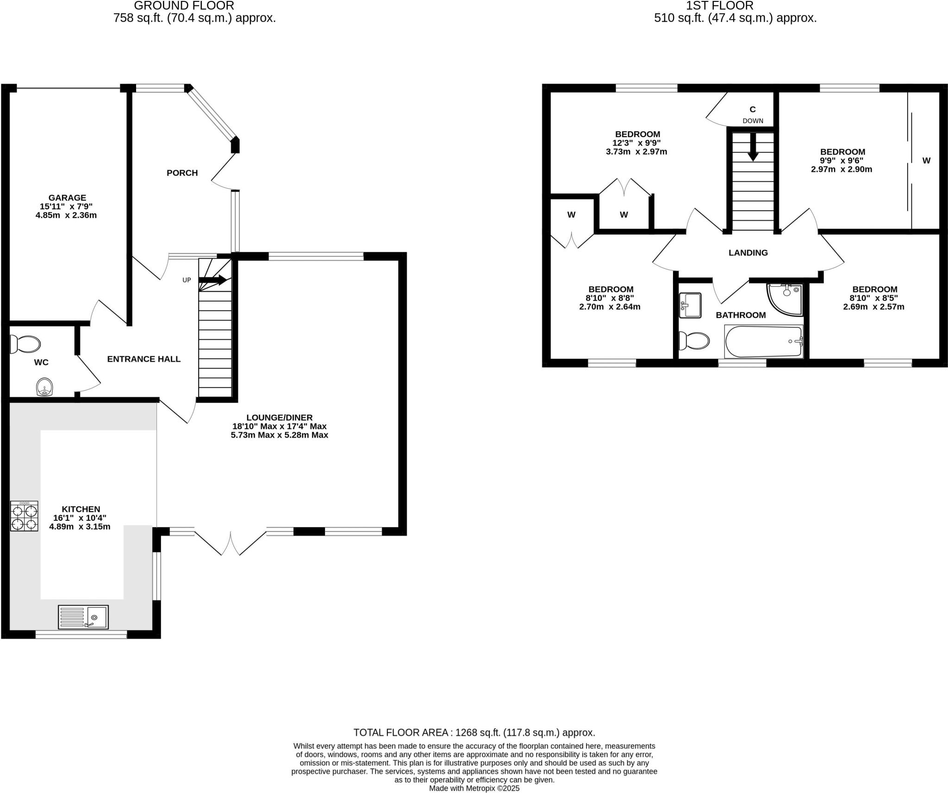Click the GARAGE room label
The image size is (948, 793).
tap(67, 198)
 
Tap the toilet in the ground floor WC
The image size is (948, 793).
tap(25, 344)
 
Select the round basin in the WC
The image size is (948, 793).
tap(44, 387)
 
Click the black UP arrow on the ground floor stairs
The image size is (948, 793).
tap(213, 280)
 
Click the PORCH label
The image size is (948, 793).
tap(182, 173)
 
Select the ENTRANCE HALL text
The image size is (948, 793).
tap(143, 359)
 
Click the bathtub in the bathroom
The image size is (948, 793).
tap(764, 342)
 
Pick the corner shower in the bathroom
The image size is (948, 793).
tap(786, 299)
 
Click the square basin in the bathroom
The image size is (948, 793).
tap(691, 306)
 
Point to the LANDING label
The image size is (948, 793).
tap(748, 253)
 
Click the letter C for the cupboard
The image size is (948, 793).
tap(753, 109)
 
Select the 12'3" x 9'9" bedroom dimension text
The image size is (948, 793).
tap(636, 143)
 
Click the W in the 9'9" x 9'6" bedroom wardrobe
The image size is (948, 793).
tap(926, 161)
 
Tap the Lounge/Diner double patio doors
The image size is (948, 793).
tap(230, 543)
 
